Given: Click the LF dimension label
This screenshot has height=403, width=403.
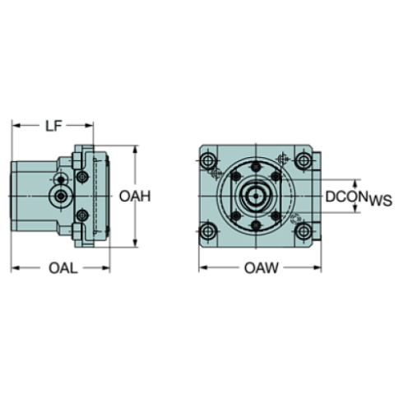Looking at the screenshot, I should tap(53, 125).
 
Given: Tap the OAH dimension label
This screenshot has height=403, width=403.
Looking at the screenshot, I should tap(136, 196).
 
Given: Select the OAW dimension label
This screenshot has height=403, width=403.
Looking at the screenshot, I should tap(260, 268).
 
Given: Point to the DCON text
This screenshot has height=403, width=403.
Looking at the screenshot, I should tap(345, 197).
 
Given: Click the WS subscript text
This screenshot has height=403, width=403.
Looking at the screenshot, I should tap(381, 201).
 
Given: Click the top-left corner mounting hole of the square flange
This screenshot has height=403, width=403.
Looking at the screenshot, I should tap(209, 158).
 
